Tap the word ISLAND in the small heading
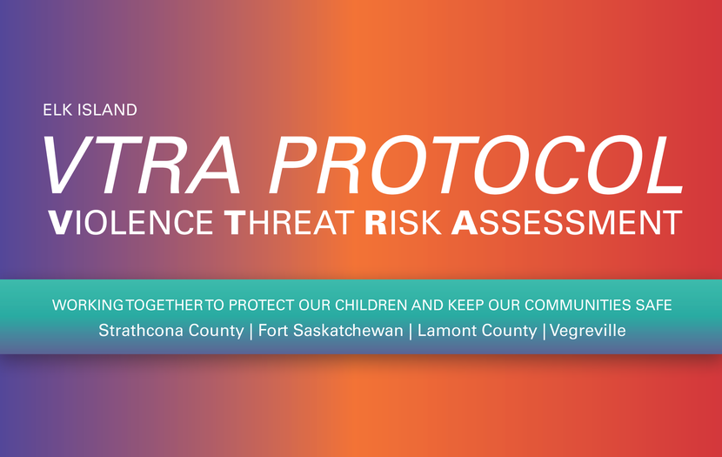[x=107, y=110]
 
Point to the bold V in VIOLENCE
[x=60, y=223]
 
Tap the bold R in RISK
[x=376, y=223]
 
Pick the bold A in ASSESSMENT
[x=464, y=223]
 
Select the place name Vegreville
[x=587, y=331]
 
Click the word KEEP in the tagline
[x=466, y=305]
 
